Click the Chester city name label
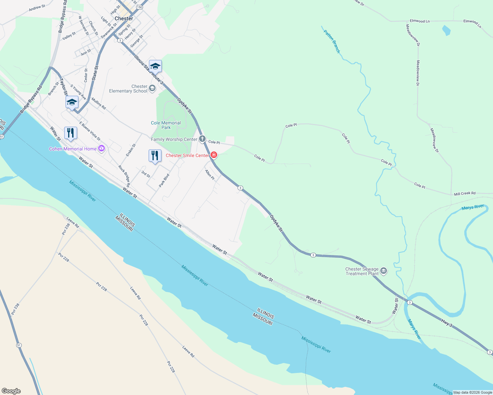(x=124, y=18)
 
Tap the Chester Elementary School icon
(x=152, y=88)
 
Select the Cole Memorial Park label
(x=166, y=125)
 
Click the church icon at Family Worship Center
(x=202, y=139)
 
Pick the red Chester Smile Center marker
(x=214, y=155)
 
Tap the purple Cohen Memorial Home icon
(x=101, y=149)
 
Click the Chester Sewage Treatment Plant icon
(x=384, y=271)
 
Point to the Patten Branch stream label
(x=332, y=41)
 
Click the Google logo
(x=11, y=391)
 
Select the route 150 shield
(x=140, y=7)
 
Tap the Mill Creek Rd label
(x=465, y=194)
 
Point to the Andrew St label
(x=37, y=8)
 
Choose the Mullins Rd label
(x=99, y=103)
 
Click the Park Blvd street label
(x=164, y=180)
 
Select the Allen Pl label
(x=210, y=174)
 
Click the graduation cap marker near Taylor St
(x=72, y=102)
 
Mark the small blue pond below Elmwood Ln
(x=446, y=31)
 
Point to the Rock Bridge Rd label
(x=124, y=176)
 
